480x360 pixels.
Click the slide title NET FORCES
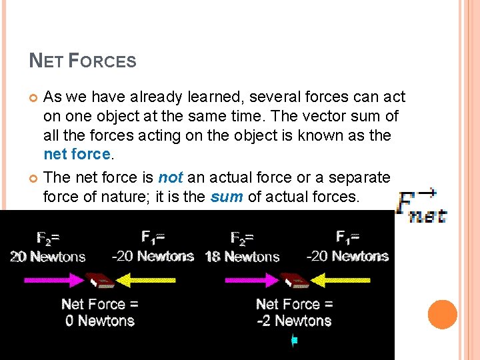pos(83,61)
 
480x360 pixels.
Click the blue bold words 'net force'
pos(77,154)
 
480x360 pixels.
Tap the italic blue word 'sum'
pos(225,197)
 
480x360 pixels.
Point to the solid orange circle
pos(442,315)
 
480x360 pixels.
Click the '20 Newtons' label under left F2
pos(48,257)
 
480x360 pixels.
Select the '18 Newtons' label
pos(242,257)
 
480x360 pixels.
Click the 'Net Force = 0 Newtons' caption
pos(100,313)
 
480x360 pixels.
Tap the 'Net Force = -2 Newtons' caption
pos(295,313)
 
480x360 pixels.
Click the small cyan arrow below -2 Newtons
pos(293,341)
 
